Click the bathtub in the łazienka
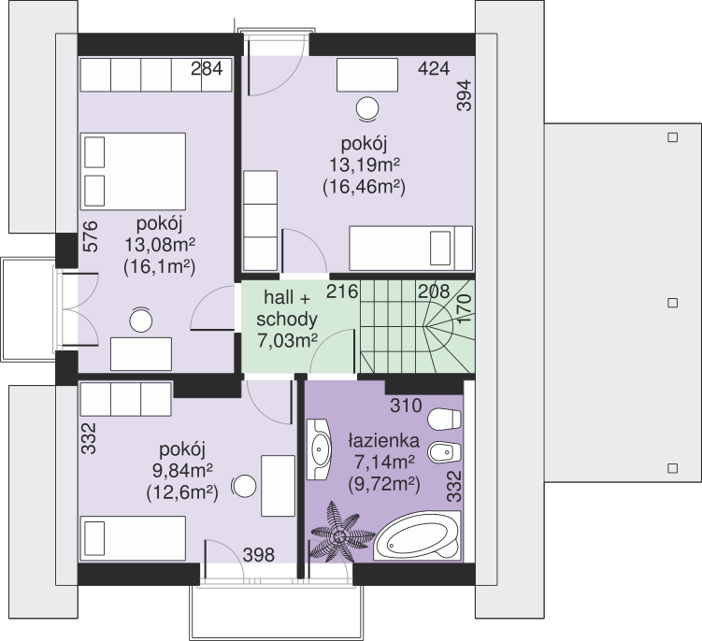417,535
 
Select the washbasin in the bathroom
319,449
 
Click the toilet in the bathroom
444,420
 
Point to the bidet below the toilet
444,453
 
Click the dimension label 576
90,236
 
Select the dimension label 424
434,68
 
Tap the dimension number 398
258,555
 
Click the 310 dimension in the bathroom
406,406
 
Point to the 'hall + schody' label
287,308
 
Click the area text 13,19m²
365,165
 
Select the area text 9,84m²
182,470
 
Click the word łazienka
384,441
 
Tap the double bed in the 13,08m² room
133,171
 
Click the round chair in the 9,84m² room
244,486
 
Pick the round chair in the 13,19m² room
367,109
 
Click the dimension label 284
207,69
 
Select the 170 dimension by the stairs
465,308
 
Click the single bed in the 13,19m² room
410,248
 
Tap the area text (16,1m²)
159,267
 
